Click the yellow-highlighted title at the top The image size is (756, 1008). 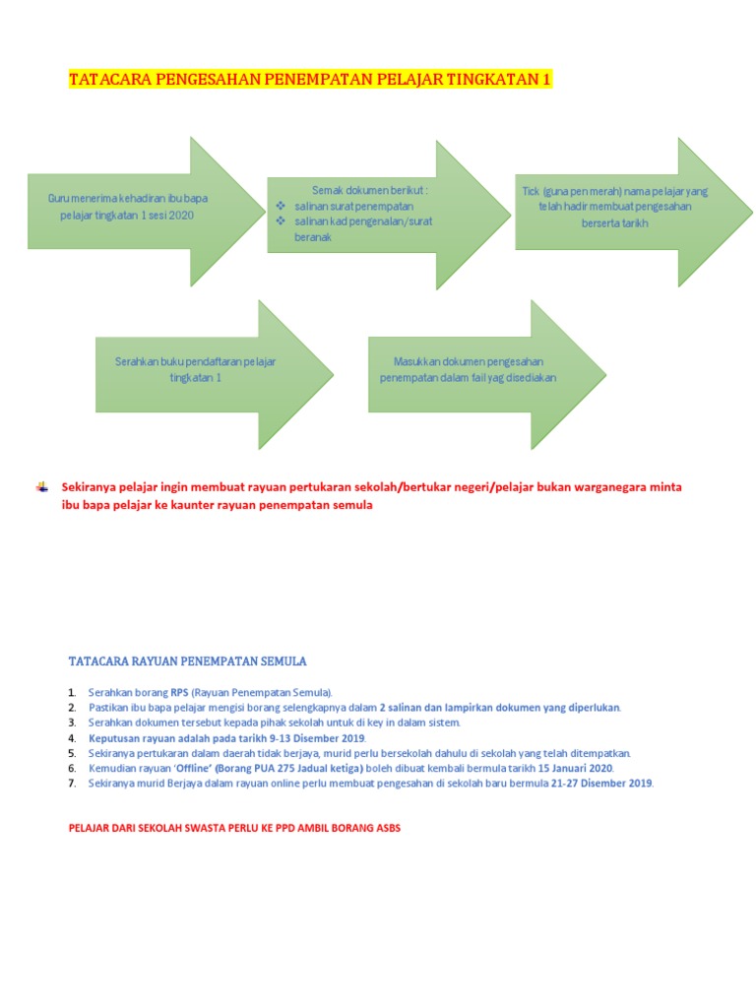pos(308,80)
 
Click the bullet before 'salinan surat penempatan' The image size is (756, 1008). pos(281,205)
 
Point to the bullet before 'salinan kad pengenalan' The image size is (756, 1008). pos(281,220)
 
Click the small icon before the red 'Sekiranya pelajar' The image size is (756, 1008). pos(42,486)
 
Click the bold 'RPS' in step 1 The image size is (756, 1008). pos(178,693)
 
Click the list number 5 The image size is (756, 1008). pos(72,753)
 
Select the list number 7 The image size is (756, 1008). pos(72,783)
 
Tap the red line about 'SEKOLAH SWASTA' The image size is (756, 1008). pos(234,828)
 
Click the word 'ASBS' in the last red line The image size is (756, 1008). pos(387,828)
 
